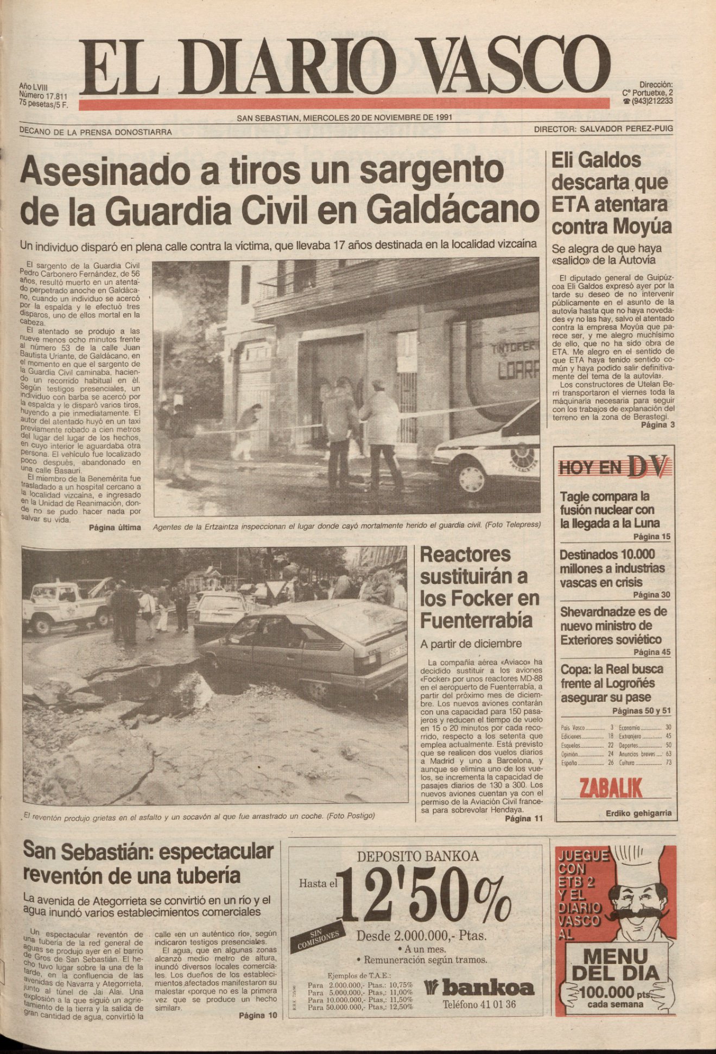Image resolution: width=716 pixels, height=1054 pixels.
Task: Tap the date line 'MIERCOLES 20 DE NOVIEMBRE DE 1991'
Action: click(377, 117)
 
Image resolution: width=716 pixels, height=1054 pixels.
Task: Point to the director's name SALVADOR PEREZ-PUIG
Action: click(626, 129)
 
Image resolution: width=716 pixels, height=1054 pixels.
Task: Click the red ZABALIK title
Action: click(611, 788)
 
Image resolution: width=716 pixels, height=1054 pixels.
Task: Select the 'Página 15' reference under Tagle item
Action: click(651, 537)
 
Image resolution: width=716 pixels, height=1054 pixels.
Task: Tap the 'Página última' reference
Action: click(115, 527)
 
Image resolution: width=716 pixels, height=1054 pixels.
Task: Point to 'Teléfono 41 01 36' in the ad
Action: click(479, 1004)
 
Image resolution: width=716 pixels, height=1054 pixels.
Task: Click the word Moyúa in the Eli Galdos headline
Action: click(642, 226)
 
